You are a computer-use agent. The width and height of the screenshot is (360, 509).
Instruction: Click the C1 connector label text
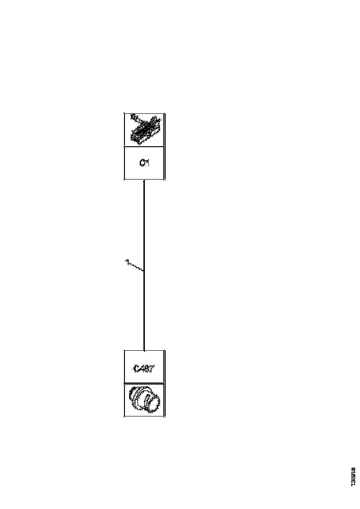click(x=144, y=163)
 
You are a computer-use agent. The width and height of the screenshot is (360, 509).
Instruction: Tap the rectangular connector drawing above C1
click(x=144, y=130)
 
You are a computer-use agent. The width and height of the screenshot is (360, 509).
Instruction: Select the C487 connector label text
click(x=144, y=369)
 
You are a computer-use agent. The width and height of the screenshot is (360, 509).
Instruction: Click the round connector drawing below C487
click(x=144, y=400)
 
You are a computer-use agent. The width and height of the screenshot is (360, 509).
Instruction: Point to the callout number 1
click(x=126, y=262)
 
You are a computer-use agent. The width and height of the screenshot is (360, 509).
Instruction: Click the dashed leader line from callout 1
click(x=136, y=267)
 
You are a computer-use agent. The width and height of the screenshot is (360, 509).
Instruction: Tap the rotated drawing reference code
click(x=353, y=476)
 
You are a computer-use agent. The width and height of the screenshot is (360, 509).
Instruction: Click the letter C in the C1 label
click(x=142, y=163)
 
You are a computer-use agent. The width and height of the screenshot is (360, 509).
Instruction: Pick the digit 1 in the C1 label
click(x=148, y=163)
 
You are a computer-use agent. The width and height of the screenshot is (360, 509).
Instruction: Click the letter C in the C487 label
click(x=136, y=369)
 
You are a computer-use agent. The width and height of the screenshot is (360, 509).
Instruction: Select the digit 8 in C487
click(x=146, y=369)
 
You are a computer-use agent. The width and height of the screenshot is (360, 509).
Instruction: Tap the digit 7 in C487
click(x=151, y=369)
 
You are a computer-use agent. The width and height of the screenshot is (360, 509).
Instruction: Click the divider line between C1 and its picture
click(x=144, y=147)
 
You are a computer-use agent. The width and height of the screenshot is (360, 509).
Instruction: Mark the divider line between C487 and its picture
click(x=144, y=383)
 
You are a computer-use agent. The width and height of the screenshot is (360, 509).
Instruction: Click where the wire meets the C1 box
click(x=144, y=180)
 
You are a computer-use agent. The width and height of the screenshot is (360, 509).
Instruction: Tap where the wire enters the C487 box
click(x=144, y=350)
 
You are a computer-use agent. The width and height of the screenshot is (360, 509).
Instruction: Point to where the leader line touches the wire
click(x=144, y=271)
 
